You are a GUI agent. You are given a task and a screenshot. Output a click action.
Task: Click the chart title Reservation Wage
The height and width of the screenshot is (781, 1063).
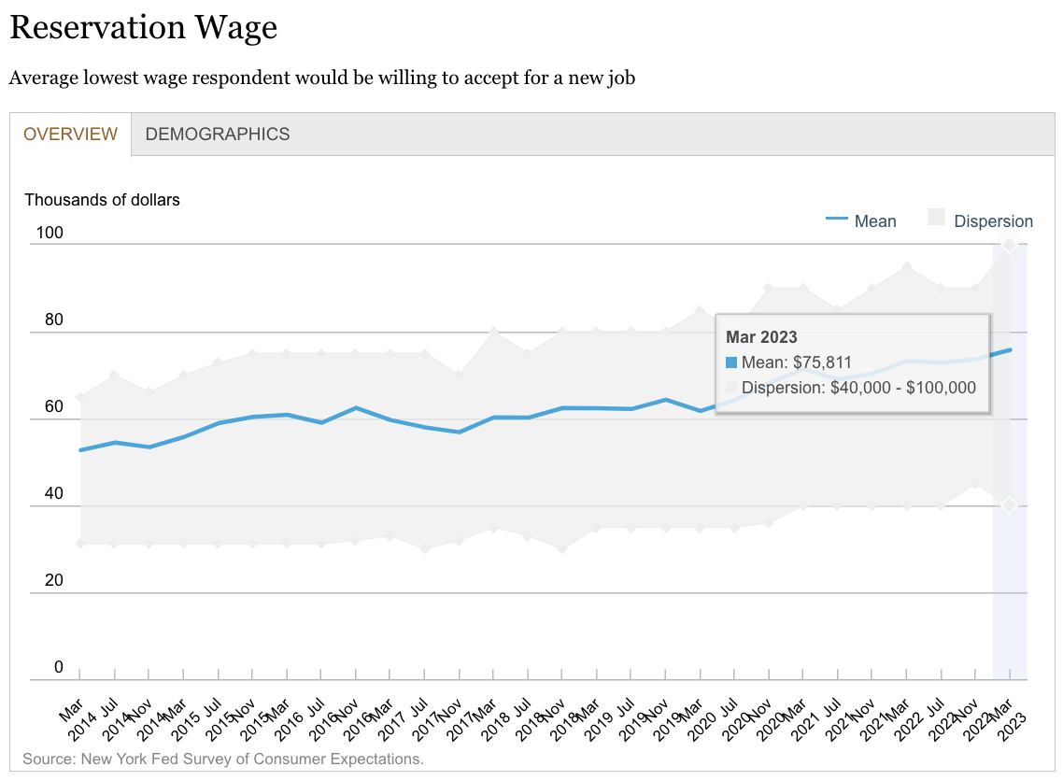(x=143, y=27)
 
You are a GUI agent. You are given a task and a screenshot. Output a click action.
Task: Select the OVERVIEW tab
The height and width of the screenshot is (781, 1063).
(x=71, y=134)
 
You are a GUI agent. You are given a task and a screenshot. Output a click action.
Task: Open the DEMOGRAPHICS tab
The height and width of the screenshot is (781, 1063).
(x=218, y=134)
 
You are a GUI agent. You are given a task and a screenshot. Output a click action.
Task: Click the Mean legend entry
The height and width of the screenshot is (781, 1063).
(x=861, y=221)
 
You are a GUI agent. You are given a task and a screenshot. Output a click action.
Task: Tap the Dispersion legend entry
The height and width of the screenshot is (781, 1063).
(x=981, y=221)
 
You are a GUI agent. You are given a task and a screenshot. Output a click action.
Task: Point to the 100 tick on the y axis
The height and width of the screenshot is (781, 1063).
(x=49, y=233)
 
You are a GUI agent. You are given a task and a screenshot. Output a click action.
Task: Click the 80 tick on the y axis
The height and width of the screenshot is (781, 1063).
(x=53, y=319)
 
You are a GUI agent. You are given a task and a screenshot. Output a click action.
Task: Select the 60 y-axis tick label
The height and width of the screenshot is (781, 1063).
(x=53, y=406)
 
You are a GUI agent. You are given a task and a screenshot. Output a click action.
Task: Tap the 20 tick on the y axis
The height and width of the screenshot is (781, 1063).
(x=53, y=580)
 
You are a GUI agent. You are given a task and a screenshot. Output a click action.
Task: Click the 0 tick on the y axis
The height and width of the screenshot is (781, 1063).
(x=58, y=667)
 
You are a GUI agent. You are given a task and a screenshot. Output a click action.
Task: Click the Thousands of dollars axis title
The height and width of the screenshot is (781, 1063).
(x=102, y=199)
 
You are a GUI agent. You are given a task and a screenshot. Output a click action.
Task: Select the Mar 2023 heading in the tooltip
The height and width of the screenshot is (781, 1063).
(x=761, y=337)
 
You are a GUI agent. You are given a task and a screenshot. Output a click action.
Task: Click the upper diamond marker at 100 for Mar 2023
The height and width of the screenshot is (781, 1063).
(x=1009, y=245)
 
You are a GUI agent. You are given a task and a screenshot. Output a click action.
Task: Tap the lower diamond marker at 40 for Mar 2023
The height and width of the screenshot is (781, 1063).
(x=1009, y=505)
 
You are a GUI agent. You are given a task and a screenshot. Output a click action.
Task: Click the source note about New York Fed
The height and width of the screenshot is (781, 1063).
(x=223, y=759)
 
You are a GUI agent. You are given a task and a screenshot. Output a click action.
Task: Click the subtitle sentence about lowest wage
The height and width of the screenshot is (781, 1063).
(x=322, y=78)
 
